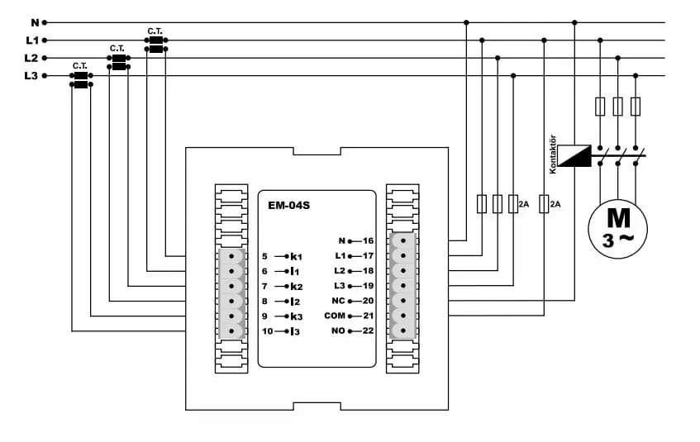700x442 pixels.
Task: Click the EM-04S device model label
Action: [x=288, y=206]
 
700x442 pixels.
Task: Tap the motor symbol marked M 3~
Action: [x=617, y=229]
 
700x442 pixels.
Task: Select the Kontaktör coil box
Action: [x=574, y=155]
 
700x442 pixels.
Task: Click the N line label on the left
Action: [x=35, y=22]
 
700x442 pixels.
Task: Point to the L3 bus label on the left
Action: [x=31, y=76]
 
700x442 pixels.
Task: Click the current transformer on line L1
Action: [x=156, y=45]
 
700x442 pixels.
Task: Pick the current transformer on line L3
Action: [x=81, y=80]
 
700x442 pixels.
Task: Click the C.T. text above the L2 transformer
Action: [x=117, y=48]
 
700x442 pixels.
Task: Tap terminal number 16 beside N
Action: [x=368, y=241]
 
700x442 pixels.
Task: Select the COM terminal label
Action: [x=335, y=316]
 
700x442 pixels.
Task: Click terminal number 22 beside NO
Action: [x=368, y=330]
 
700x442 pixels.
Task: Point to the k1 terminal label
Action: [x=297, y=256]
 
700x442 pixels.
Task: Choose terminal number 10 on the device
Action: [x=268, y=331]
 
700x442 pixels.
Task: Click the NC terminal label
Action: [x=338, y=301]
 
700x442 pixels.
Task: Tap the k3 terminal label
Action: [x=297, y=316]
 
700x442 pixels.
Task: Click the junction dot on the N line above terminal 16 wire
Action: [x=466, y=22]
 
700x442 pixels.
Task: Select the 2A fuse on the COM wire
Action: [x=544, y=203]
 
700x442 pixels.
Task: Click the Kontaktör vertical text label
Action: [x=553, y=154]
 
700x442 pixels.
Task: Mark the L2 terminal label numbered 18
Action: [x=340, y=271]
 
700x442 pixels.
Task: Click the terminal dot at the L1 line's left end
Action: [x=45, y=40]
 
